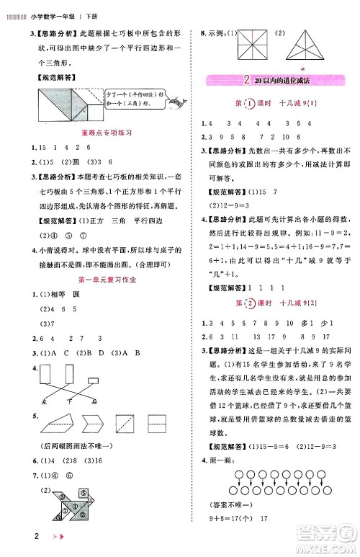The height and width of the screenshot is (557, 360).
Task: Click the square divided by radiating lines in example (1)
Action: coord(249,44)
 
